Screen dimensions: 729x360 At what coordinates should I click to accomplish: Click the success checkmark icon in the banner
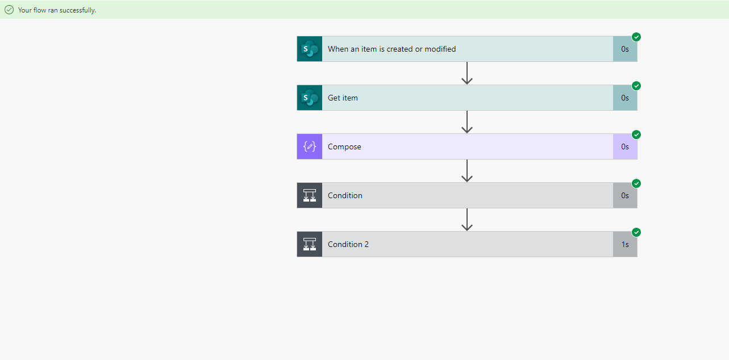click(x=9, y=10)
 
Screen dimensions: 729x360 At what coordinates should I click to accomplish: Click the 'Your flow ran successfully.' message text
click(x=57, y=10)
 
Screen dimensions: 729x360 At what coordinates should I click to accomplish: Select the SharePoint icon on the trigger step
click(x=310, y=49)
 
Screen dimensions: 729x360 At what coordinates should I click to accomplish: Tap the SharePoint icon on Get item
click(x=310, y=98)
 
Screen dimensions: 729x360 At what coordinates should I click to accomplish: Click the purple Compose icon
click(x=310, y=146)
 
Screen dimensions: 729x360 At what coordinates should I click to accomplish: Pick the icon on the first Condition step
click(x=310, y=195)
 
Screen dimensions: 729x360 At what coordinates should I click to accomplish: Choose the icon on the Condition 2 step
click(x=310, y=244)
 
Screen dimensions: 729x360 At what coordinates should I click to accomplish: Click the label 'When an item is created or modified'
click(x=392, y=49)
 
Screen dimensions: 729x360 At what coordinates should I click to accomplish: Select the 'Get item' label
click(x=343, y=98)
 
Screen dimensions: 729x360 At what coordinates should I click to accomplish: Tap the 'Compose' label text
click(x=344, y=146)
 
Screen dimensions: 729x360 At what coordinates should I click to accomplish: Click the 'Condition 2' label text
click(x=348, y=244)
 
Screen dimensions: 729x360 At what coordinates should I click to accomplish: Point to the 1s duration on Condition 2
click(x=625, y=244)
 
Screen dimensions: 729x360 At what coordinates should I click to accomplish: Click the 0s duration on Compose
click(x=625, y=146)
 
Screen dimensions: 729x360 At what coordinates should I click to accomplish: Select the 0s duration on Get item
click(x=625, y=98)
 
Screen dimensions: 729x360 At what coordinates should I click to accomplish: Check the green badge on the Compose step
click(x=636, y=135)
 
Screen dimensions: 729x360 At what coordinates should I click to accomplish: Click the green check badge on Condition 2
click(x=636, y=232)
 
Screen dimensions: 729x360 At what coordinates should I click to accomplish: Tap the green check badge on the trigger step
click(x=636, y=37)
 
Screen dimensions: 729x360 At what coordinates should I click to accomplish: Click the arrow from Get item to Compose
click(x=467, y=122)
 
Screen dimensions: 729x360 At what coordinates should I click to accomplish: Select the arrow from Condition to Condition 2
click(x=467, y=220)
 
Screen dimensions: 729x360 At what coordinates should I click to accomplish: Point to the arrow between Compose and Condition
click(x=467, y=171)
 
